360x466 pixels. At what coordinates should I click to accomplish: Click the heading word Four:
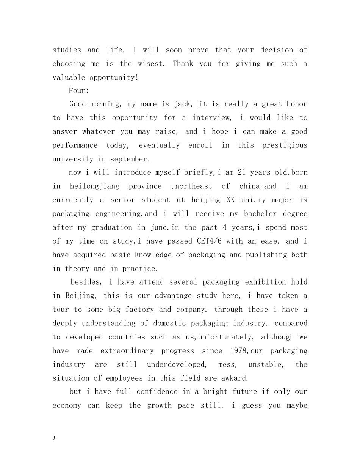tap(78, 91)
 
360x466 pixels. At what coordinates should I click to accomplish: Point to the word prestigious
tap(285, 145)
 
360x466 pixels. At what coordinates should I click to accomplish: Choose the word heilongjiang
tap(94, 186)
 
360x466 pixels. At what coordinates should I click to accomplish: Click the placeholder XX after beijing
tap(230, 200)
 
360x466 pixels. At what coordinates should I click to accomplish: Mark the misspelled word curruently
tap(73, 200)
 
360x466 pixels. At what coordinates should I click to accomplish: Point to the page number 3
tap(54, 438)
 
